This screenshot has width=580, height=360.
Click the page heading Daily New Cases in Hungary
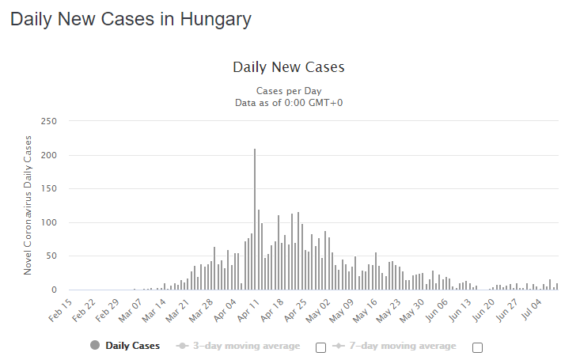point(131,20)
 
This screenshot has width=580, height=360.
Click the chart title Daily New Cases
point(289,67)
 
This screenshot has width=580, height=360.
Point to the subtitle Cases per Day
point(289,90)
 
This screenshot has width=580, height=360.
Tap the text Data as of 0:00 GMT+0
point(289,102)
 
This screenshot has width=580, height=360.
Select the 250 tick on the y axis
point(49,121)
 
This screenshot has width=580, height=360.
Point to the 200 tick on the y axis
point(49,155)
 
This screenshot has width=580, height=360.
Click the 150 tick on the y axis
point(49,189)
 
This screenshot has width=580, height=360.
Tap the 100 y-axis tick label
point(49,223)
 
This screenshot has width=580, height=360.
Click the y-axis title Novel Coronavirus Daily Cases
point(28,205)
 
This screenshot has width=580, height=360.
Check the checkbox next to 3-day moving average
point(320,347)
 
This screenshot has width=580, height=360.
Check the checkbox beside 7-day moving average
point(477,347)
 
